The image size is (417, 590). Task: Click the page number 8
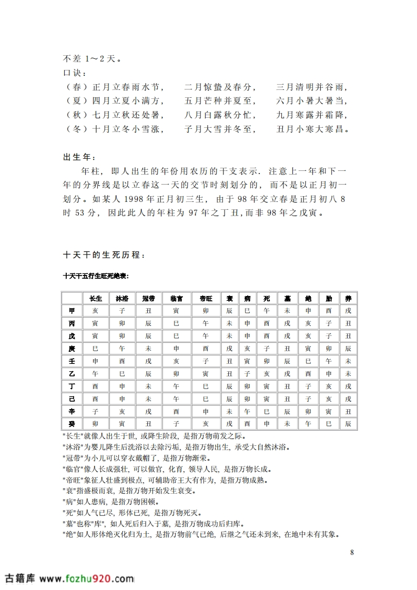(x=351, y=552)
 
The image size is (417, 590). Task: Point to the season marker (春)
(x=75, y=87)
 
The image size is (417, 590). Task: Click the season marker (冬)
(x=75, y=128)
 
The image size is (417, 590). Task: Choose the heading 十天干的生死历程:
(x=102, y=255)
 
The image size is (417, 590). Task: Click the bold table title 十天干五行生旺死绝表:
(x=96, y=276)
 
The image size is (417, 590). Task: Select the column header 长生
(x=95, y=298)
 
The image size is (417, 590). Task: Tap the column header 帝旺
(x=206, y=298)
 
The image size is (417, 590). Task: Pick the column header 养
(x=348, y=298)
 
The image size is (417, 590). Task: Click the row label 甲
(x=72, y=311)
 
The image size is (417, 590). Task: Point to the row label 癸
(x=72, y=423)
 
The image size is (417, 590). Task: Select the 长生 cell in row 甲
(x=95, y=311)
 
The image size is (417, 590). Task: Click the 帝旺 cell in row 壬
(x=206, y=361)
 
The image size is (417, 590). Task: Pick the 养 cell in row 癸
(x=348, y=423)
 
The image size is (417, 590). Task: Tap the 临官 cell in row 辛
(x=176, y=411)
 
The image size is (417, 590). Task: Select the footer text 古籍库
(x=19, y=578)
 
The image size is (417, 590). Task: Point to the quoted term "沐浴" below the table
(x=73, y=447)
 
